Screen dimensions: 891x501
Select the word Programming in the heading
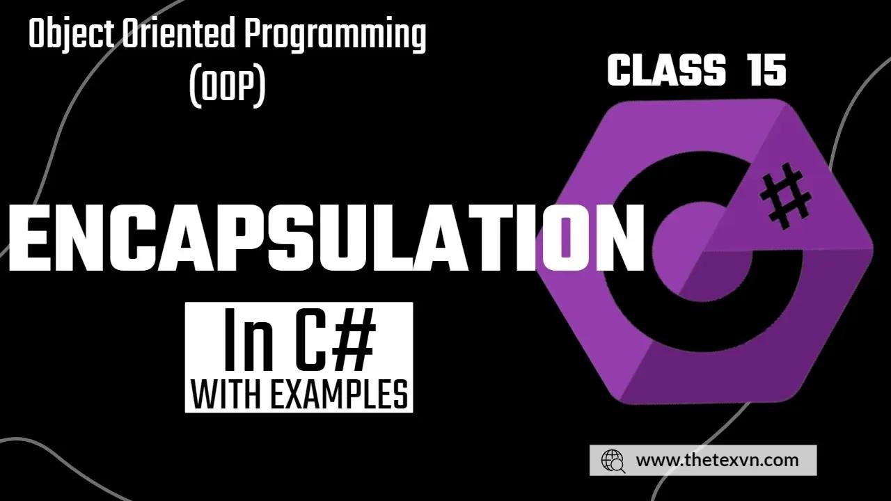click(x=336, y=35)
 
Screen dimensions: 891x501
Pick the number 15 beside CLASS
click(x=766, y=71)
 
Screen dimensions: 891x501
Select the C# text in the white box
click(x=336, y=340)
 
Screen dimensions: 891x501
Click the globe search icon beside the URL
click(x=613, y=461)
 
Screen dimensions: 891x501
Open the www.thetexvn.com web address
click(x=717, y=461)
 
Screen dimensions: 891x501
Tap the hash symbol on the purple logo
click(x=784, y=196)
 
